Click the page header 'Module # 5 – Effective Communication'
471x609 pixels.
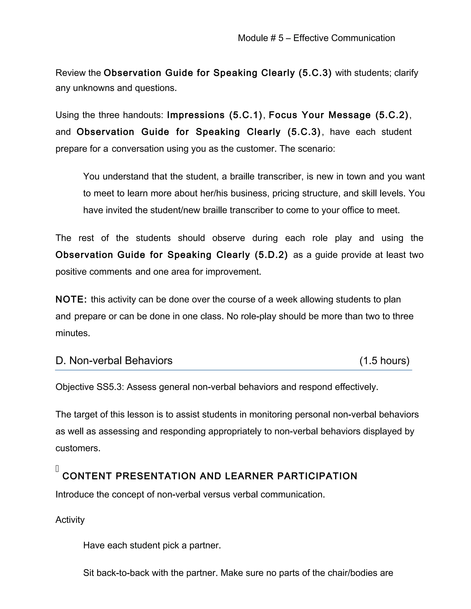(316, 38)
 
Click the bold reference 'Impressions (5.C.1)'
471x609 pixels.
(214, 115)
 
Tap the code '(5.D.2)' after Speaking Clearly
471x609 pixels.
(271, 255)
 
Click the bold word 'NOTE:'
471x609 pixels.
(71, 299)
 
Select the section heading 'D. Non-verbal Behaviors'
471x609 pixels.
(114, 361)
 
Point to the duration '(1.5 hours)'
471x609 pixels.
(384, 361)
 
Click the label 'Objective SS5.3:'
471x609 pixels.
(89, 387)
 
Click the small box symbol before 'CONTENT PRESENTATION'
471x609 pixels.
(57, 469)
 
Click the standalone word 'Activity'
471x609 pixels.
(70, 520)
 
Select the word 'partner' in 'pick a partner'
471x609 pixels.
(205, 545)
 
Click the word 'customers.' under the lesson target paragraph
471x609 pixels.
(78, 448)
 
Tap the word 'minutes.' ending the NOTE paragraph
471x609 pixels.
(73, 333)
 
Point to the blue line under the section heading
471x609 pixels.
(233, 370)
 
